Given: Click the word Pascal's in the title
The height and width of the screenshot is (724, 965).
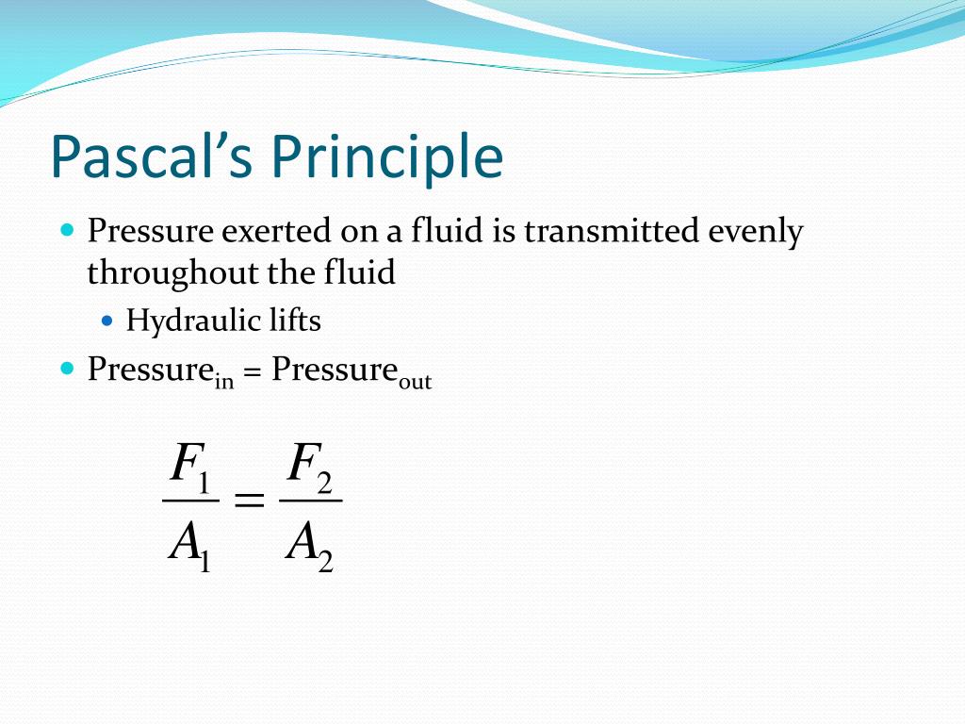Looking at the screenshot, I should pyautogui.click(x=151, y=157).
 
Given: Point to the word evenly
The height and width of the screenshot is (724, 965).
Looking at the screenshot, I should pyautogui.click(x=756, y=231).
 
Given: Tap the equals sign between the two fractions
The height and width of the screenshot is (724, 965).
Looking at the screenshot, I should pyautogui.click(x=249, y=502).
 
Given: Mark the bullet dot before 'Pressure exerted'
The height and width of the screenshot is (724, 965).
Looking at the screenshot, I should pyautogui.click(x=66, y=229).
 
